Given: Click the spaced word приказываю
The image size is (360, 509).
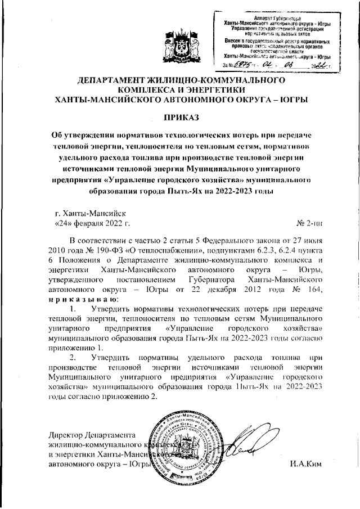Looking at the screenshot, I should (x=79, y=299).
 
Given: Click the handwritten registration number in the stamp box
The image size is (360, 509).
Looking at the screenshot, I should (x=238, y=66).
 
